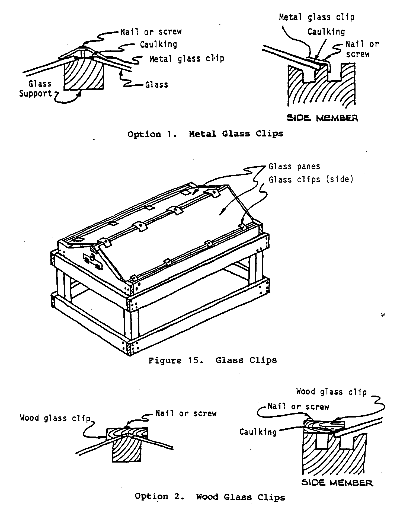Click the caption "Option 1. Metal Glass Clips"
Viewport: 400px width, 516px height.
pos(205,134)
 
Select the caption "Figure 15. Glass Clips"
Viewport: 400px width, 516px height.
pos(213,361)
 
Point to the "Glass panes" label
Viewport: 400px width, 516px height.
pos(294,166)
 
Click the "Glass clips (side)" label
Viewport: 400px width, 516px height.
pos(311,180)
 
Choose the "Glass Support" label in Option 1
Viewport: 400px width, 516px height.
pos(36,88)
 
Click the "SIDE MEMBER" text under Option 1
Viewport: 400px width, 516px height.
pos(322,118)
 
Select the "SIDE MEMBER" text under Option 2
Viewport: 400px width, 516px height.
pos(337,483)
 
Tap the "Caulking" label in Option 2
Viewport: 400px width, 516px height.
pos(258,432)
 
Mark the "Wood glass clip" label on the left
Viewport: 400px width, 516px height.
pos(55,418)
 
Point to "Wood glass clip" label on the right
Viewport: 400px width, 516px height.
pos(331,392)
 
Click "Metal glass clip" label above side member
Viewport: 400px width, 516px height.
pos(316,17)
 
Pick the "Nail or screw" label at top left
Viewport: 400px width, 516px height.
pos(151,32)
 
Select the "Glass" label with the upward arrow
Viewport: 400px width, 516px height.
pos(156,85)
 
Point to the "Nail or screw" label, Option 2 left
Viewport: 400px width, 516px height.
pos(186,413)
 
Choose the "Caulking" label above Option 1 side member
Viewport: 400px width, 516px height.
pos(326,32)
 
